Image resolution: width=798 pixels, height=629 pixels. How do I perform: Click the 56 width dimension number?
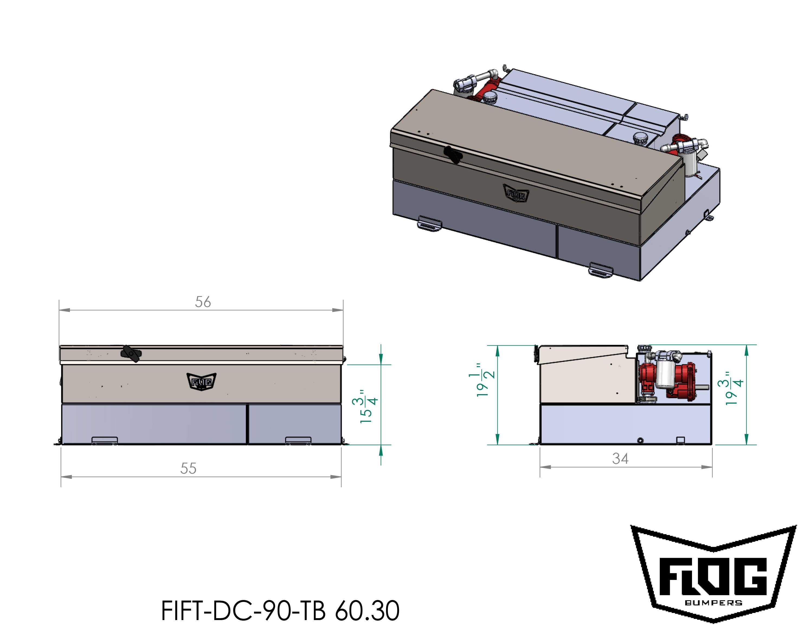(203, 302)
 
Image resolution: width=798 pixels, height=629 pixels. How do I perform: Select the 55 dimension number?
(188, 468)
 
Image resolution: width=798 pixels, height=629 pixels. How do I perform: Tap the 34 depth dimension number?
(620, 459)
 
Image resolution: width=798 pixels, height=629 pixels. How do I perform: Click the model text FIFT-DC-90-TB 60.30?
(280, 611)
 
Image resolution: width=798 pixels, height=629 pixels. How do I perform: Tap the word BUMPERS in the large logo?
(713, 603)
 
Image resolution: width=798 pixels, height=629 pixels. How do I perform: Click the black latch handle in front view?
(131, 354)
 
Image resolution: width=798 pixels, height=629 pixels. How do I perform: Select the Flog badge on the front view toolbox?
(201, 381)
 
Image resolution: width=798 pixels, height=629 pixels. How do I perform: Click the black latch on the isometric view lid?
(452, 155)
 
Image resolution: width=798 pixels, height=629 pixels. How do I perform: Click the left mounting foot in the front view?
(105, 440)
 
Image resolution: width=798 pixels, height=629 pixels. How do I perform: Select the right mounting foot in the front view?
(298, 440)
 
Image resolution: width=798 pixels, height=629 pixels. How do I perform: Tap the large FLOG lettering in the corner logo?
(713, 577)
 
